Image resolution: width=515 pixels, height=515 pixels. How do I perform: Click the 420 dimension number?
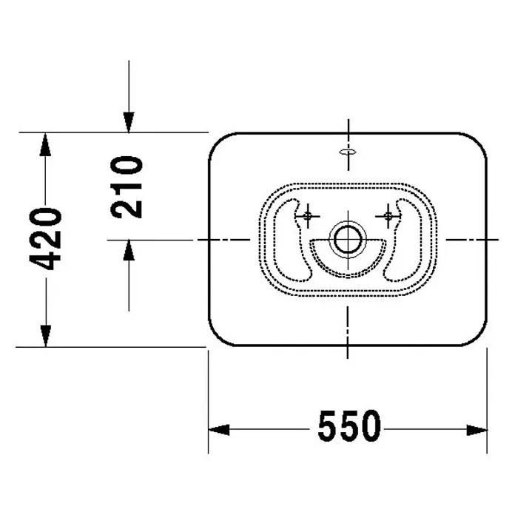[x=46, y=239]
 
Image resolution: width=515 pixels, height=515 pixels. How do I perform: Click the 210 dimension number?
[x=127, y=187]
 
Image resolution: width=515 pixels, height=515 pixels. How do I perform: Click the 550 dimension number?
[x=349, y=425]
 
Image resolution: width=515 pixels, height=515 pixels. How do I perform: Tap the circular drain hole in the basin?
[x=348, y=240]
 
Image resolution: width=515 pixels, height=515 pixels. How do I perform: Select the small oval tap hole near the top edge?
[x=348, y=152]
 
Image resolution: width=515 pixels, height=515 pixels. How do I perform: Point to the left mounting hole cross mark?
[x=307, y=216]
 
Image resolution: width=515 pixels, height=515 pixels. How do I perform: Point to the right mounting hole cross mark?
[x=388, y=216]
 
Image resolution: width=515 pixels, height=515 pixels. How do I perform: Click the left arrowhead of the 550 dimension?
[x=219, y=430]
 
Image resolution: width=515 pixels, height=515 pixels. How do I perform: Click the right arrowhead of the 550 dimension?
[x=477, y=430]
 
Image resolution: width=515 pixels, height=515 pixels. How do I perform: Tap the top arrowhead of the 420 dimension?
[x=46, y=144]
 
